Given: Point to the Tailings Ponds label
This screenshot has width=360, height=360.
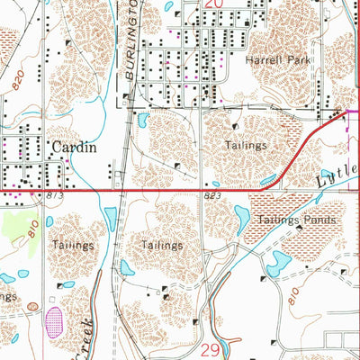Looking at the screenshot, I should tap(297, 219).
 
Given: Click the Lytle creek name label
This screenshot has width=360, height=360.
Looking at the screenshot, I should tap(336, 178).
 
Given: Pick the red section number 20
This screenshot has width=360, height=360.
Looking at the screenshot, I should tap(213, 4).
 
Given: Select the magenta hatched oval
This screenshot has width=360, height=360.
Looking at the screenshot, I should tap(53, 319).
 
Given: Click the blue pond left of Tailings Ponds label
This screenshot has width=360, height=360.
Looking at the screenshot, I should tap(241, 217).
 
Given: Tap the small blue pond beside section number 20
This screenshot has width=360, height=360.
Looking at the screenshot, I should tap(170, 6).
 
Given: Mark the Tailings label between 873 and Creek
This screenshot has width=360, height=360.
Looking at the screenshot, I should tap(72, 245).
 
